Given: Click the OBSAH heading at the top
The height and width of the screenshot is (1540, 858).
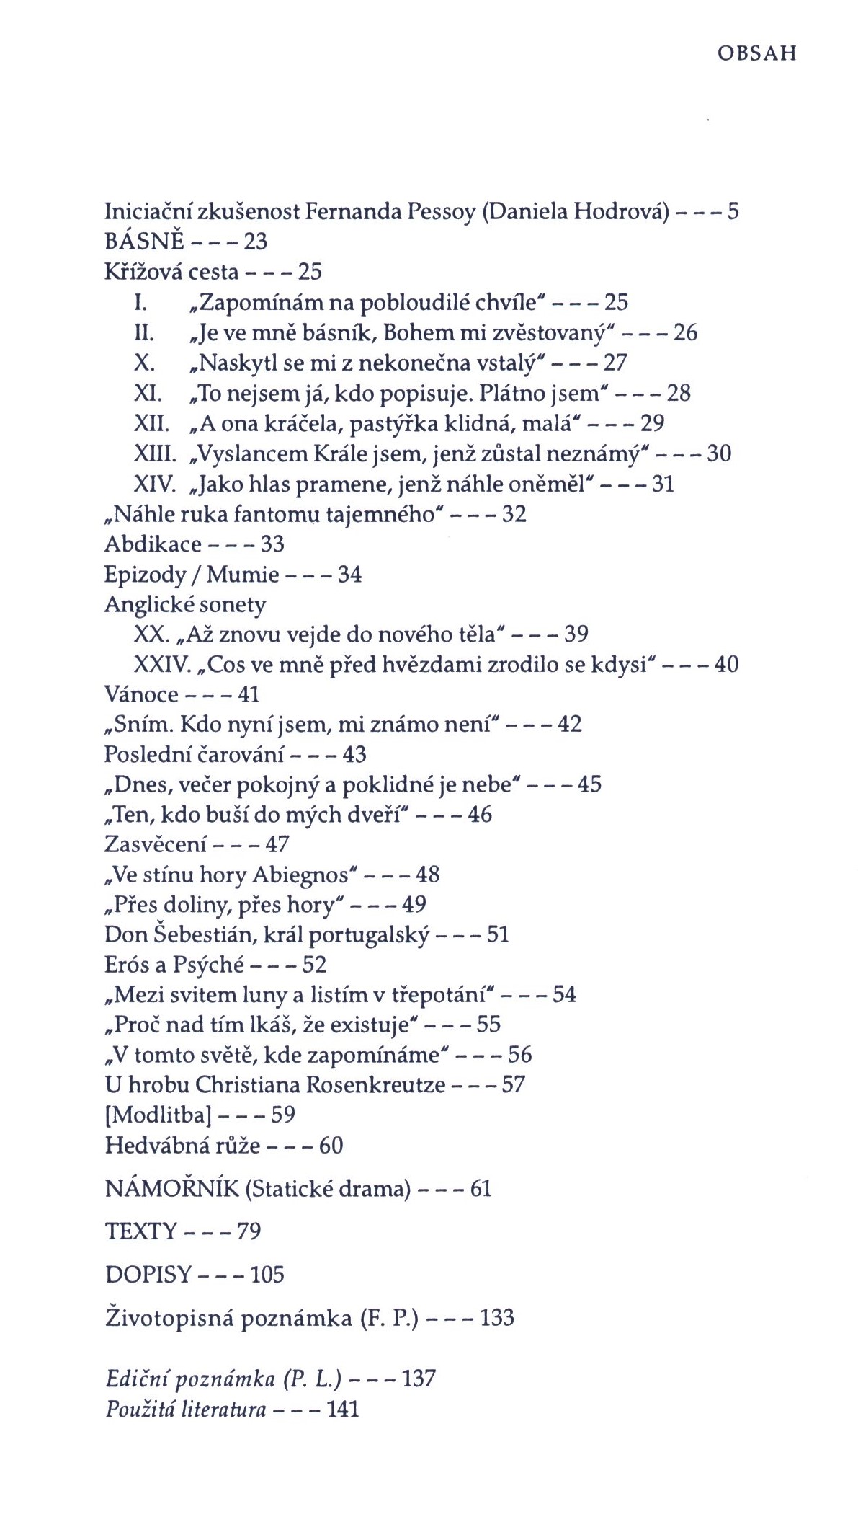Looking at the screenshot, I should tap(756, 55).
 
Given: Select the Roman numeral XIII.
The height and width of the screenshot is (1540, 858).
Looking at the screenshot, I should tap(155, 453).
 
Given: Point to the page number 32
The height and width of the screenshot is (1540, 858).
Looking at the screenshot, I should tap(514, 514).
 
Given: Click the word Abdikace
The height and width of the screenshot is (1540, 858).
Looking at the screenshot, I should tap(153, 544).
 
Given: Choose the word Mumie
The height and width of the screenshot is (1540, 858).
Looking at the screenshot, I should tap(243, 575).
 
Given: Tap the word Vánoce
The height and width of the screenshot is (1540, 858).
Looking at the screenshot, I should tap(141, 694).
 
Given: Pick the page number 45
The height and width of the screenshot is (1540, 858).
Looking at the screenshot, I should tap(589, 784).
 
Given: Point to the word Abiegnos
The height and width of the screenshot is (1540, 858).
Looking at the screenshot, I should tap(300, 875).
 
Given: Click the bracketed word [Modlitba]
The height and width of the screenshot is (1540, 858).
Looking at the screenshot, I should tap(158, 1115).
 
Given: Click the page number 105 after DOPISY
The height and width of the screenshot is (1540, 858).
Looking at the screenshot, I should tap(267, 1275).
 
